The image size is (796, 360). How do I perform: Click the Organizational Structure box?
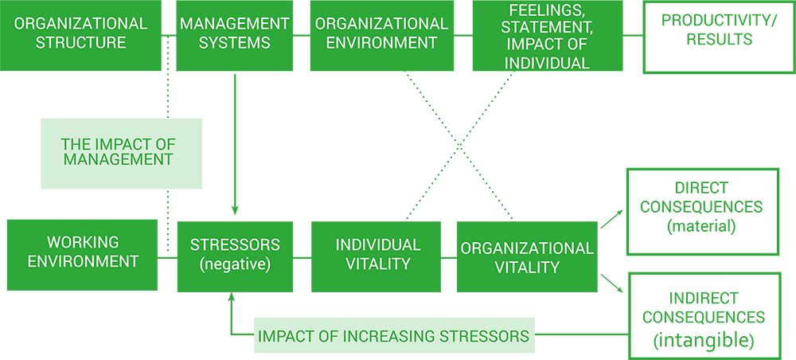80,35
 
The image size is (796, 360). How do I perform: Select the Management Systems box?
235,35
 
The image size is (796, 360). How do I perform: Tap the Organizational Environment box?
382,35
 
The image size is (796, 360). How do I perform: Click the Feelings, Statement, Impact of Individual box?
548,35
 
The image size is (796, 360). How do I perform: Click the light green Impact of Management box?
121,154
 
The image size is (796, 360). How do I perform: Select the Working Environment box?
82,255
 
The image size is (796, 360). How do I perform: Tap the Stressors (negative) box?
235,256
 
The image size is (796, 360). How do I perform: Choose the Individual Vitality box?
377,256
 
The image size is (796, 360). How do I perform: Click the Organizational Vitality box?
527,256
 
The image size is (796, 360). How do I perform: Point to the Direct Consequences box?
703,211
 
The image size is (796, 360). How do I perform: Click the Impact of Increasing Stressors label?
394,335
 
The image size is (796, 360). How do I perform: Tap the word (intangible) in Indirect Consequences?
704,339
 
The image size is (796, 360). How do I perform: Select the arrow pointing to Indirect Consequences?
612,284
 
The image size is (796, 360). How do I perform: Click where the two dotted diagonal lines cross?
459,146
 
